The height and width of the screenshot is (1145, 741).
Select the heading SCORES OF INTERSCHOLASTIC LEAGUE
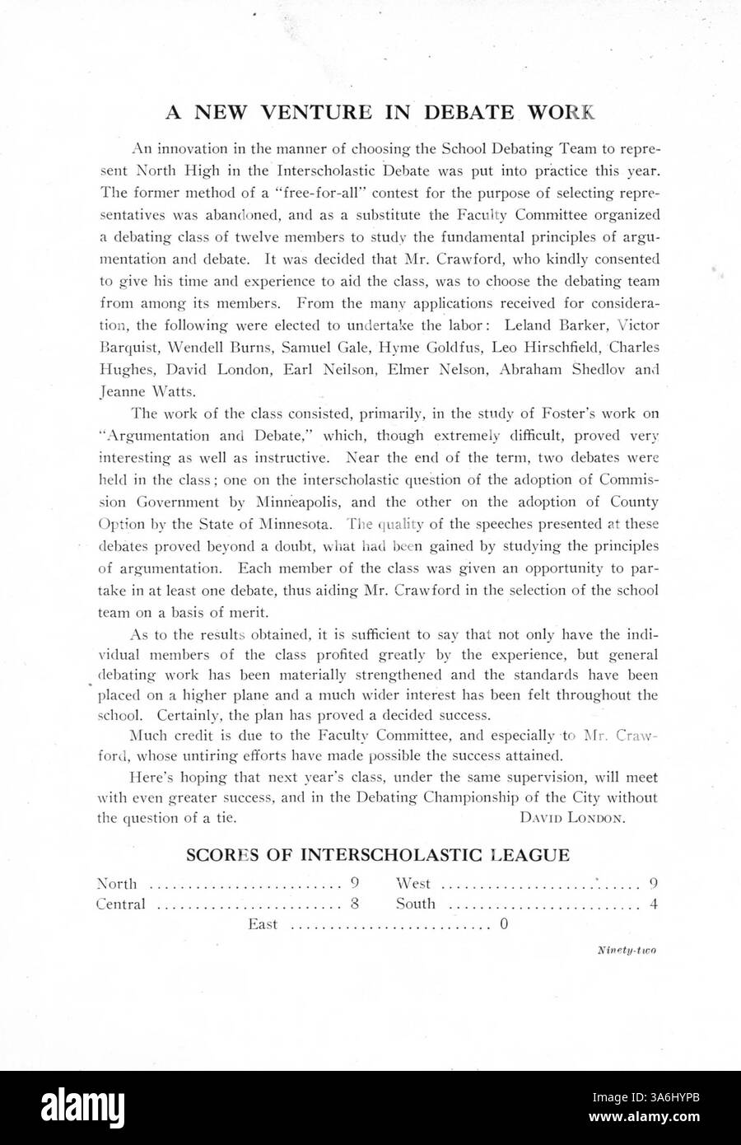[x=378, y=855]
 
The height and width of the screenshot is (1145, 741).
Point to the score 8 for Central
[x=355, y=904]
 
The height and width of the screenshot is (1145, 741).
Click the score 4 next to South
[x=653, y=904]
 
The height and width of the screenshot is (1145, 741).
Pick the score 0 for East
[x=503, y=924]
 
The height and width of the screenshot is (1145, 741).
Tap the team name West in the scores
[x=413, y=884]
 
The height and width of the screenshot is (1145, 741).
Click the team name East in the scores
[x=263, y=924]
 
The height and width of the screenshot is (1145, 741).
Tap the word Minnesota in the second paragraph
[x=297, y=523]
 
